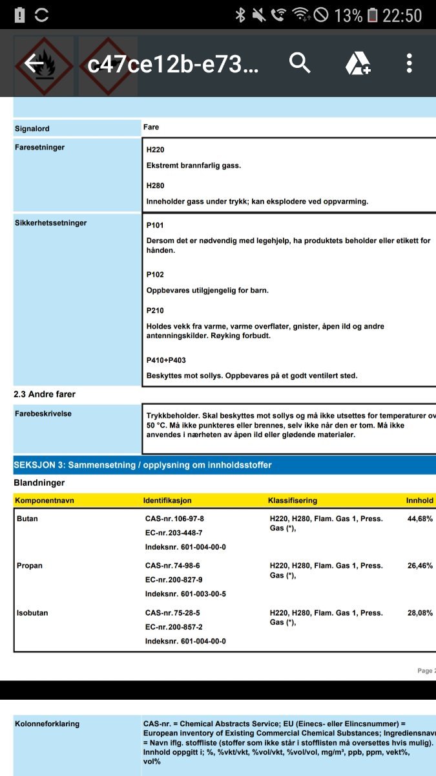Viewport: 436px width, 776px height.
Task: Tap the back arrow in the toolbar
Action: (x=34, y=63)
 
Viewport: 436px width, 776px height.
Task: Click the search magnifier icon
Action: (x=300, y=63)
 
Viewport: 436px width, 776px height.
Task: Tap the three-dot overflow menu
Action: (x=409, y=63)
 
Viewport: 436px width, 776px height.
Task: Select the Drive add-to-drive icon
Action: (x=357, y=63)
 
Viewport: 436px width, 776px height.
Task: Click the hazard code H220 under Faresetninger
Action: (x=155, y=150)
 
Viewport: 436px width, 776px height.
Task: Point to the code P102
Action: (x=155, y=275)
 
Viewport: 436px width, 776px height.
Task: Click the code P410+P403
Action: (x=166, y=360)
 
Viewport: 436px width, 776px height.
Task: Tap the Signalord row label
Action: (x=32, y=129)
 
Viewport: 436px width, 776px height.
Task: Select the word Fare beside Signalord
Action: (x=151, y=127)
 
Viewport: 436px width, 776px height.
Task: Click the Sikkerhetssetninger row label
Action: (x=50, y=223)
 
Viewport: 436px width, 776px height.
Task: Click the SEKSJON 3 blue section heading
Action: (x=142, y=465)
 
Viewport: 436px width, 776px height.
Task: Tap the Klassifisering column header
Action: (x=292, y=501)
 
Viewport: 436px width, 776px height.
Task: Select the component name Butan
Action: (x=27, y=519)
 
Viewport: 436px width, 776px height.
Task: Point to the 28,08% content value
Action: (x=420, y=613)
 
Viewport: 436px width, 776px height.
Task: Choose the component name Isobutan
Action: (x=32, y=613)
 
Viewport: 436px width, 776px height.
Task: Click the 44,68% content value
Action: (x=420, y=519)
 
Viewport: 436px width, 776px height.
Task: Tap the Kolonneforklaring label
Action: (x=47, y=724)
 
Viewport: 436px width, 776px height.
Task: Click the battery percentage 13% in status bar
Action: (x=348, y=15)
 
